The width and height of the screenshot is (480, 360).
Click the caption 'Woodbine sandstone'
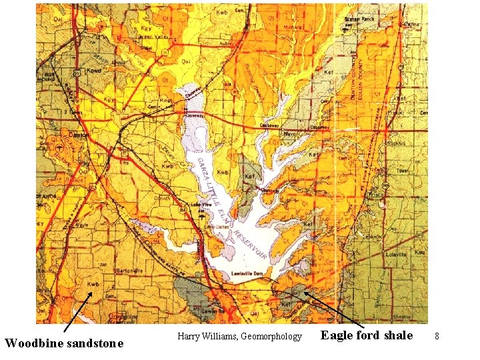64,343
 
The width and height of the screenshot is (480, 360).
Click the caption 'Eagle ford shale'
367,335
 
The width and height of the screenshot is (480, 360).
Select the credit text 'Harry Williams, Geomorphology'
240,337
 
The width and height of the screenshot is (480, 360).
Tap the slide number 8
437,337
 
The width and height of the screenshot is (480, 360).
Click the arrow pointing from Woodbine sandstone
77,312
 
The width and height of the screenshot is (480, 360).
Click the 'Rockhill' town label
399,142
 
